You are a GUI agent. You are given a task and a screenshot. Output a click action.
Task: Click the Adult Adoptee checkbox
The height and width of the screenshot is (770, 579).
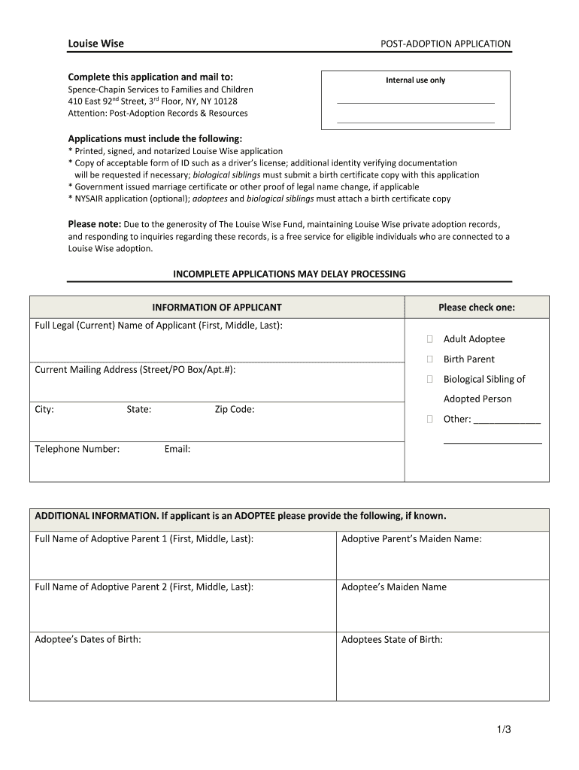tap(430, 339)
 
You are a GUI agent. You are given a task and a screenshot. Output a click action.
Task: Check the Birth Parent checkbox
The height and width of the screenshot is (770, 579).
tap(430, 359)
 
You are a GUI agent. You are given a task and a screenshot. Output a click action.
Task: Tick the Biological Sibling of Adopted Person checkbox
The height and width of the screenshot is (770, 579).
tap(430, 379)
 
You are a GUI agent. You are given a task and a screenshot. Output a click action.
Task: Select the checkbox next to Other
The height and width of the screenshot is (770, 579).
tap(430, 419)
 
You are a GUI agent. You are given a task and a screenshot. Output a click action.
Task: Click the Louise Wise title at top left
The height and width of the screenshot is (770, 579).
tap(95, 44)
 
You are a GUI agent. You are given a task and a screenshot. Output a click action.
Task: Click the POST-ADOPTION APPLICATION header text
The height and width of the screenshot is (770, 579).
tap(445, 44)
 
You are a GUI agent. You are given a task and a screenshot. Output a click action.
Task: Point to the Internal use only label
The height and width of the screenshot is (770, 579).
tap(415, 80)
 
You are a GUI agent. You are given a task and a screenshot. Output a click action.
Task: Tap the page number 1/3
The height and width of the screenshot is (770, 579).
tap(503, 729)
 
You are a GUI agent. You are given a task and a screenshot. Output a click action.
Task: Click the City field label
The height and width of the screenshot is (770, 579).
tap(44, 410)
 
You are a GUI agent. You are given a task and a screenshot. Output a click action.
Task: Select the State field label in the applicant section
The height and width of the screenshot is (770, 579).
tap(139, 410)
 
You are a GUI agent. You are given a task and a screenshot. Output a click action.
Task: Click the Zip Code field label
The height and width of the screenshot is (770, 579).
tap(235, 410)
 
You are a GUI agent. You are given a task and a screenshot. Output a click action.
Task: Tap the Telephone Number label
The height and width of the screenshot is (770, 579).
tap(77, 449)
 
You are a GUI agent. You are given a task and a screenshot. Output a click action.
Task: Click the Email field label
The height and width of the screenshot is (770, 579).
tap(177, 449)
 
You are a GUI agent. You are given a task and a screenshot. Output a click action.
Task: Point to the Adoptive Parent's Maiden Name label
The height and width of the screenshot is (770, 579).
tap(411, 539)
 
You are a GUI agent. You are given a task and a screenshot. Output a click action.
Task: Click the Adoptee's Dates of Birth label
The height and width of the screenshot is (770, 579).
tap(88, 640)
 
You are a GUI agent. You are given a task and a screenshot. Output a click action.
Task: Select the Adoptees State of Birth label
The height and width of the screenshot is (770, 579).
tap(392, 640)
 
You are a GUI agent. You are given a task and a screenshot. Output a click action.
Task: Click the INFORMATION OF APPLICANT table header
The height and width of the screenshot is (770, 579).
tap(217, 308)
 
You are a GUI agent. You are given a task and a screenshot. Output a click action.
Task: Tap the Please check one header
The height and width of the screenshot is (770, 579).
tap(477, 308)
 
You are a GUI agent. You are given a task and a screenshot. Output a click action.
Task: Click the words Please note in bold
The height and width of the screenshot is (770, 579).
tap(95, 224)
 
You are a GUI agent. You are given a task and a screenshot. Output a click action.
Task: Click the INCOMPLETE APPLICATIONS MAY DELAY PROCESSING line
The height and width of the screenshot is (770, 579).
tap(289, 274)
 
